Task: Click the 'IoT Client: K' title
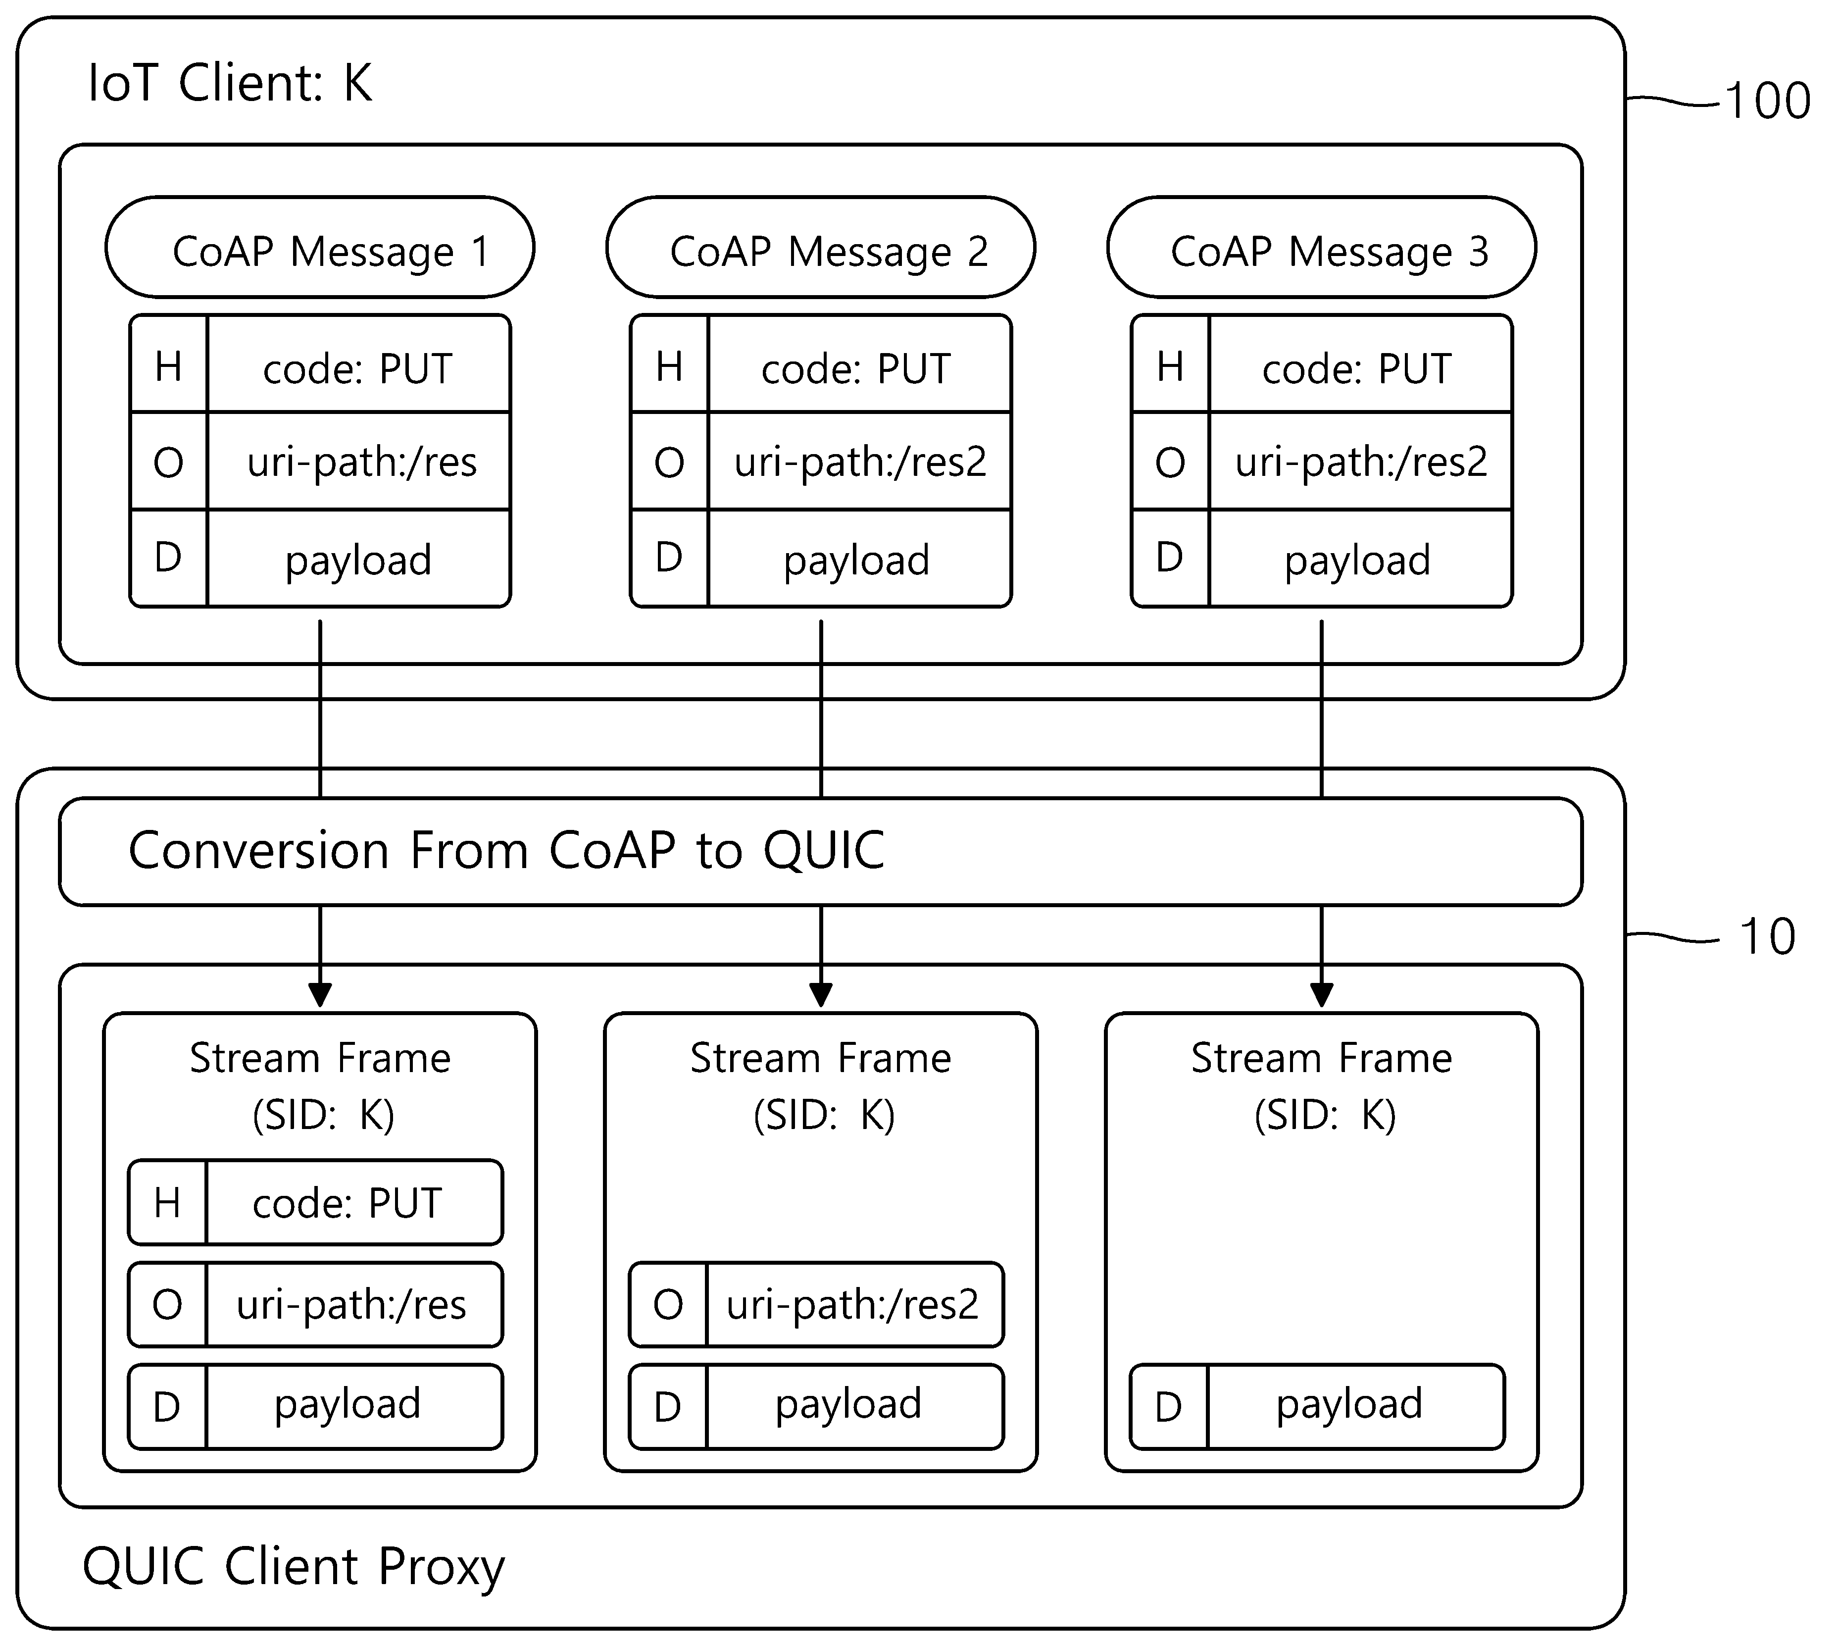[231, 83]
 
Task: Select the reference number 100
[1768, 101]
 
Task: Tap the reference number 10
[1768, 937]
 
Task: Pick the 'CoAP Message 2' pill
[821, 247]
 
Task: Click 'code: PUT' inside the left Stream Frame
[347, 1203]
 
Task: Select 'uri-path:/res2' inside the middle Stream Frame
[852, 1305]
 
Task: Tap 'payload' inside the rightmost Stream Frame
[1349, 1404]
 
